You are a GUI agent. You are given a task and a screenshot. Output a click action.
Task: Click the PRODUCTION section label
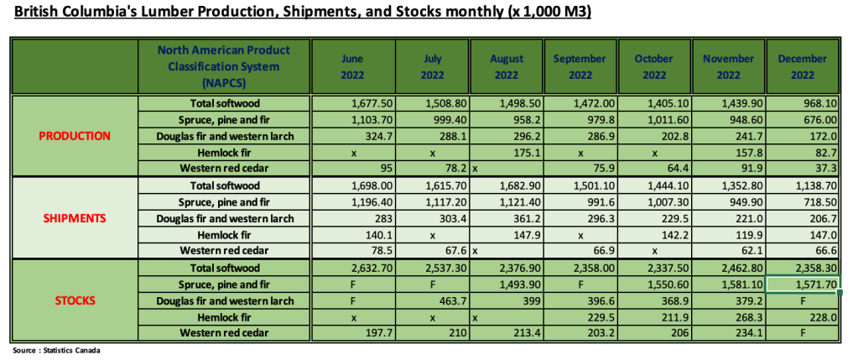pyautogui.click(x=76, y=135)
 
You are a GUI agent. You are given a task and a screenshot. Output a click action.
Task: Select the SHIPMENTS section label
pyautogui.click(x=75, y=217)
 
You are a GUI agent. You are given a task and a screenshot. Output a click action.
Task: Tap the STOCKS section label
pyautogui.click(x=76, y=299)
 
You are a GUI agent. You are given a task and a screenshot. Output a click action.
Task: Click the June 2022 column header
pyautogui.click(x=352, y=66)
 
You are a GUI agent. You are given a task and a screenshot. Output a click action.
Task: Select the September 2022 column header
pyautogui.click(x=580, y=66)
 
